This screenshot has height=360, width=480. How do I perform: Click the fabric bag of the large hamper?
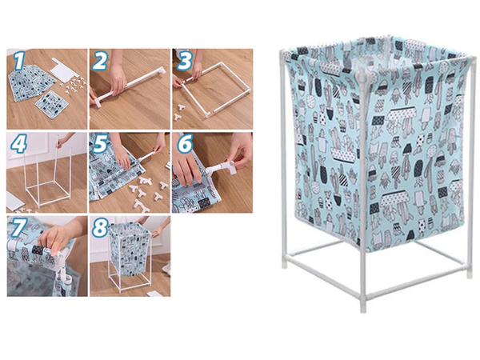coord(376,152)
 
